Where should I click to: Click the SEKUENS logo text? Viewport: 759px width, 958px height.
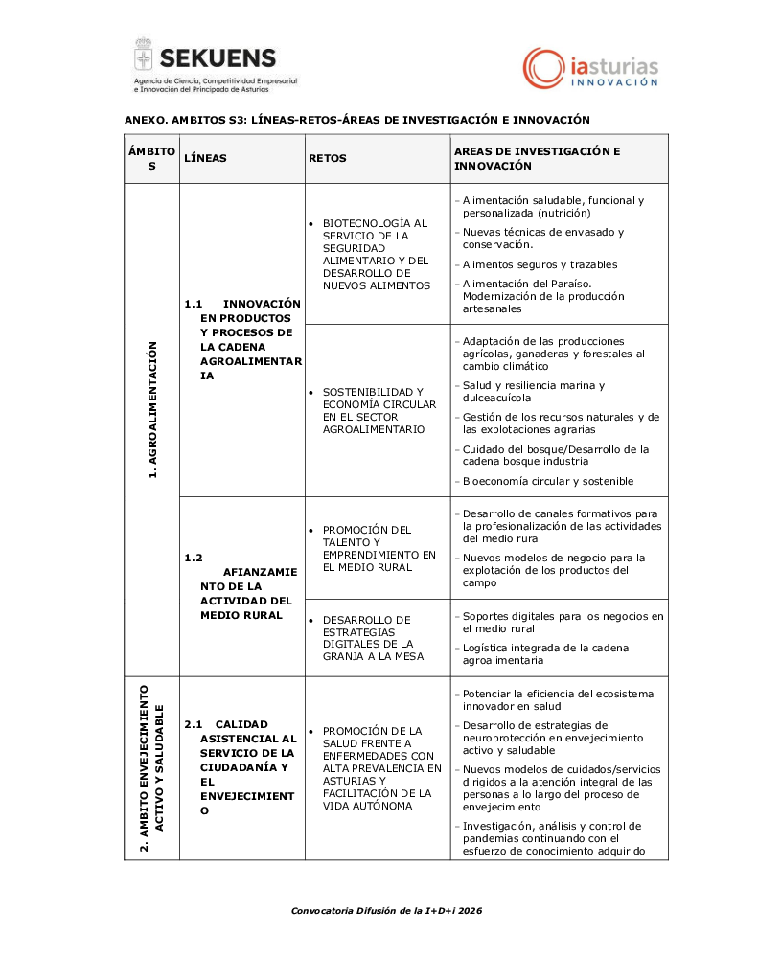click(218, 57)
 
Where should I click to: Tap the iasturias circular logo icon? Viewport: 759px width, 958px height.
click(542, 68)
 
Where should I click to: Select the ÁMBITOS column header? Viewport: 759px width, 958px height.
click(151, 158)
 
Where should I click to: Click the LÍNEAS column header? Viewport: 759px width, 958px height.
click(205, 158)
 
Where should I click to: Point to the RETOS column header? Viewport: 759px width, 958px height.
click(328, 158)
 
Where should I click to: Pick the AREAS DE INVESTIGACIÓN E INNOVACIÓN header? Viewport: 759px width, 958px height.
click(537, 158)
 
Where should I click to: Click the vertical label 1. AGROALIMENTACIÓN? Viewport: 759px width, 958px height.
click(151, 409)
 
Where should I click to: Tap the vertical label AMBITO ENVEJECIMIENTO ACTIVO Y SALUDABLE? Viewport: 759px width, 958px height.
click(151, 768)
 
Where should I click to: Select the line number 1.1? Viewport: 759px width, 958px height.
click(193, 304)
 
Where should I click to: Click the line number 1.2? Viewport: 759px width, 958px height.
click(193, 557)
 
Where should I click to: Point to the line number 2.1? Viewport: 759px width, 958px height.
click(193, 724)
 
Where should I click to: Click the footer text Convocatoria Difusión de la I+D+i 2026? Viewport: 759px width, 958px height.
click(386, 910)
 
